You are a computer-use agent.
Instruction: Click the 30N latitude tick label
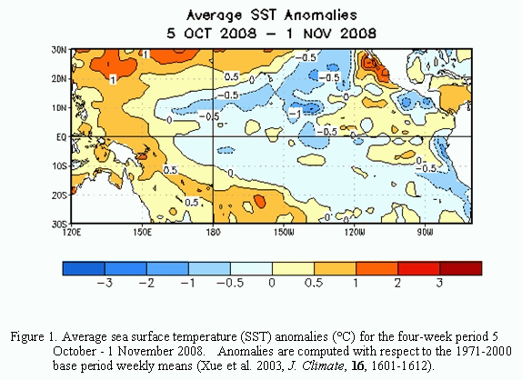(x=58, y=50)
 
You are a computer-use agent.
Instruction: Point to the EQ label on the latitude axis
(x=61, y=137)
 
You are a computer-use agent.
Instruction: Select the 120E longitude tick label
(x=71, y=232)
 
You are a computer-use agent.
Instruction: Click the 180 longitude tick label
(x=213, y=232)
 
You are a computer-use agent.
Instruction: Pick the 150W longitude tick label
(x=284, y=232)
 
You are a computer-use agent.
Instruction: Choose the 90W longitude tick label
(x=425, y=232)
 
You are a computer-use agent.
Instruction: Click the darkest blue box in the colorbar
(x=84, y=268)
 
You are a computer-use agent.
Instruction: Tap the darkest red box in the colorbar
(x=461, y=268)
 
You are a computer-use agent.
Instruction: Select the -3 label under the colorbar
(x=105, y=283)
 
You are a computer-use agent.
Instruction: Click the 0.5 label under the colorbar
(x=314, y=283)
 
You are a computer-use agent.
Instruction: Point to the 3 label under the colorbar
(x=439, y=283)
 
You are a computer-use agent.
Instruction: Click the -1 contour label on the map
(x=295, y=115)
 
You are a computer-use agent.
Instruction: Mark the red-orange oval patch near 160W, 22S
(x=259, y=202)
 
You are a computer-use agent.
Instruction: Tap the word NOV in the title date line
(x=319, y=34)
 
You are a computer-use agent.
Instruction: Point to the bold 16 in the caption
(x=357, y=365)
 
